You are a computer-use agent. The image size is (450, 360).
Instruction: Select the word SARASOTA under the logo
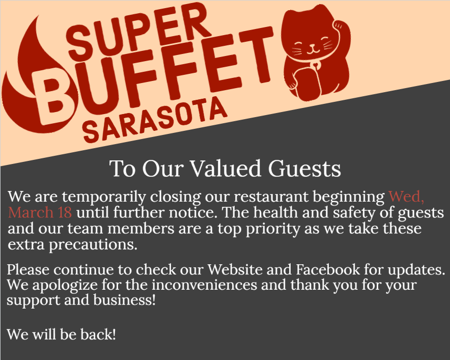[154, 120]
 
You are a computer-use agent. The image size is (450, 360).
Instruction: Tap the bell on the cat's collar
[316, 64]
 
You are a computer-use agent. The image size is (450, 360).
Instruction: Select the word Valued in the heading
[226, 169]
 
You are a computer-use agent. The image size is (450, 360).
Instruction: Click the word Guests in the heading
[304, 169]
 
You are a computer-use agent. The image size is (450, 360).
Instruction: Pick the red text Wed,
[406, 197]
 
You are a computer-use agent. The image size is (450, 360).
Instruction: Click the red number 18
[65, 213]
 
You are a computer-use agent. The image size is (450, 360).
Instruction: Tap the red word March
[31, 213]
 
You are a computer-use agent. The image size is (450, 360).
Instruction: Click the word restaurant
[271, 197]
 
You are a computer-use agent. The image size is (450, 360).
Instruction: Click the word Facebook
[328, 270]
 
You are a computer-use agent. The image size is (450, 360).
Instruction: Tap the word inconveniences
[204, 285]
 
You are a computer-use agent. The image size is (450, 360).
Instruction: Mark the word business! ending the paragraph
[125, 300]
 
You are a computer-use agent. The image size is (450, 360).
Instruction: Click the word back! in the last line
[98, 335]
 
